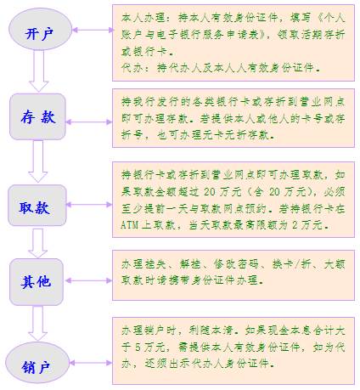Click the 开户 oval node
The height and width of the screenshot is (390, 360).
(x=40, y=30)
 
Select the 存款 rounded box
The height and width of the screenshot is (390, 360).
(x=37, y=116)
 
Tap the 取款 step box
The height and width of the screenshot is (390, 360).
(x=37, y=206)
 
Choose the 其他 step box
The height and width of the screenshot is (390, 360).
(x=37, y=282)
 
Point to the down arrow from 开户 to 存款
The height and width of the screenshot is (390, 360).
(x=39, y=71)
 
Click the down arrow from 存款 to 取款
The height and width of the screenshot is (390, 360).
(x=38, y=161)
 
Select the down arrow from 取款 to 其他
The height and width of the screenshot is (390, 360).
(x=37, y=243)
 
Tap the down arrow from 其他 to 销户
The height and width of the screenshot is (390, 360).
(x=37, y=323)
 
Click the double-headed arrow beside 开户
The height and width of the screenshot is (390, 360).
(x=93, y=30)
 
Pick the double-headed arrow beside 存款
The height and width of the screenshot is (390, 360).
(x=89, y=122)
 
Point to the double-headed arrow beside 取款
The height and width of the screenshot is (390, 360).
(x=89, y=205)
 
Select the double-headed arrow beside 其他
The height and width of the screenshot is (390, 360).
(x=89, y=280)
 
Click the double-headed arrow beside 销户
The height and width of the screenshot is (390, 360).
(x=91, y=363)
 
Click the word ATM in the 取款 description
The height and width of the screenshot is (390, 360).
(x=130, y=225)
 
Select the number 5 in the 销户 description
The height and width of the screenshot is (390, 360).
(x=138, y=348)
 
